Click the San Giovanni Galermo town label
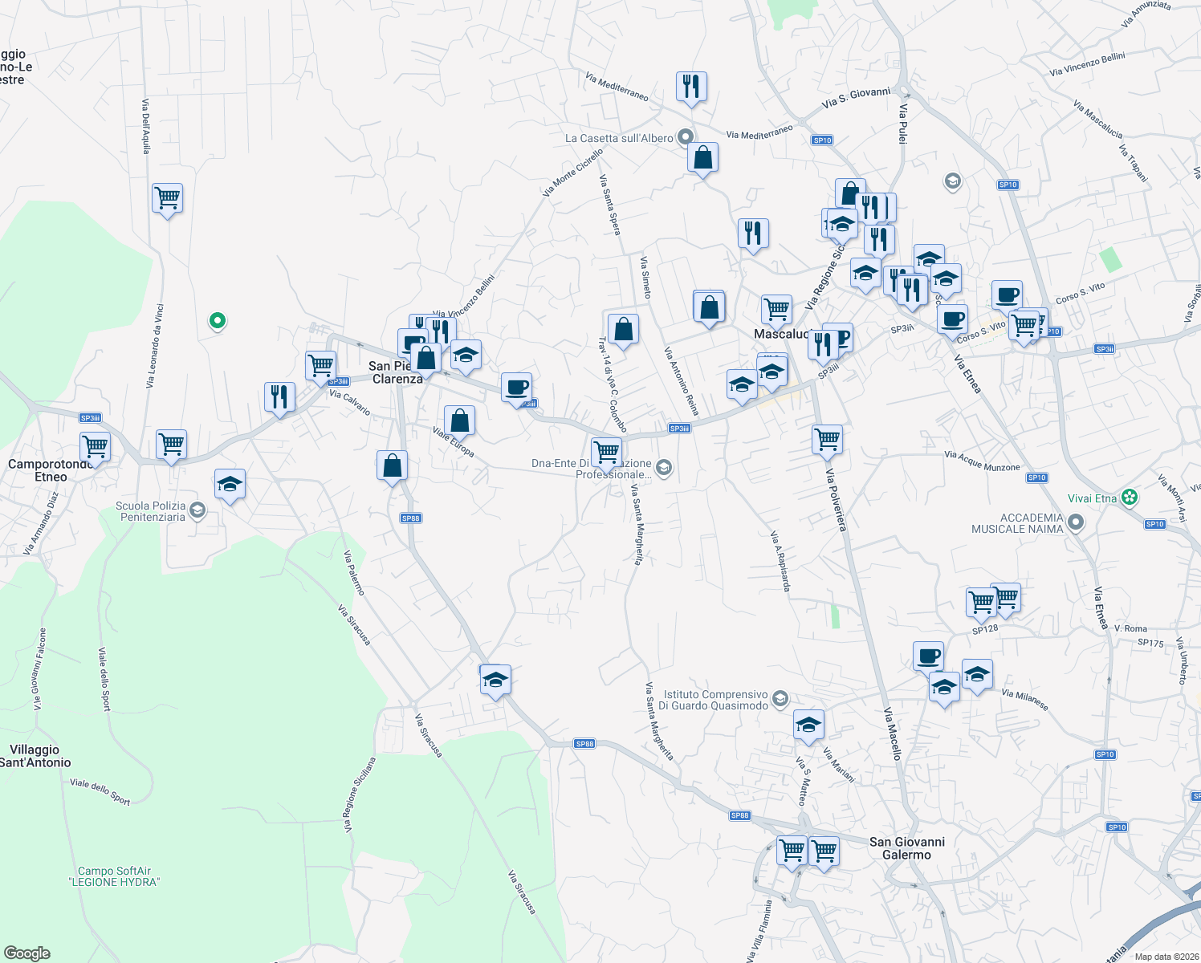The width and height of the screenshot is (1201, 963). [907, 848]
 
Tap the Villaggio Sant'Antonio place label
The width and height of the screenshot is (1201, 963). [35, 756]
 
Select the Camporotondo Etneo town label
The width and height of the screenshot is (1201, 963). [50, 470]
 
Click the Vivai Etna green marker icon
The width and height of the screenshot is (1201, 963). [1130, 498]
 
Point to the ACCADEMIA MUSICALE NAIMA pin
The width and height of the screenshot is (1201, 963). [1077, 523]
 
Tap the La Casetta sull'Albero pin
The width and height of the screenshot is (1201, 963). [685, 138]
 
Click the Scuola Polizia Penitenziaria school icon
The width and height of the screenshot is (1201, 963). [197, 511]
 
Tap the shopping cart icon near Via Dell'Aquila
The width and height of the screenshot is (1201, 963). [167, 197]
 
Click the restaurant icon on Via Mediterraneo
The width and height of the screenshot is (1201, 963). [691, 85]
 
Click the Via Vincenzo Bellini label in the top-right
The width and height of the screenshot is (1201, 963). [1087, 65]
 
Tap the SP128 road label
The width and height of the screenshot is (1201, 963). [985, 629]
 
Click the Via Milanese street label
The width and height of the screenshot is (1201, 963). [1025, 699]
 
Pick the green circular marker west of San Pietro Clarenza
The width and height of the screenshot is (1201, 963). [217, 322]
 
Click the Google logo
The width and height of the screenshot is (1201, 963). [26, 953]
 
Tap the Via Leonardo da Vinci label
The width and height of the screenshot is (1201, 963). [155, 346]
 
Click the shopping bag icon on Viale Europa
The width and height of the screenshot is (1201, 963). [459, 420]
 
